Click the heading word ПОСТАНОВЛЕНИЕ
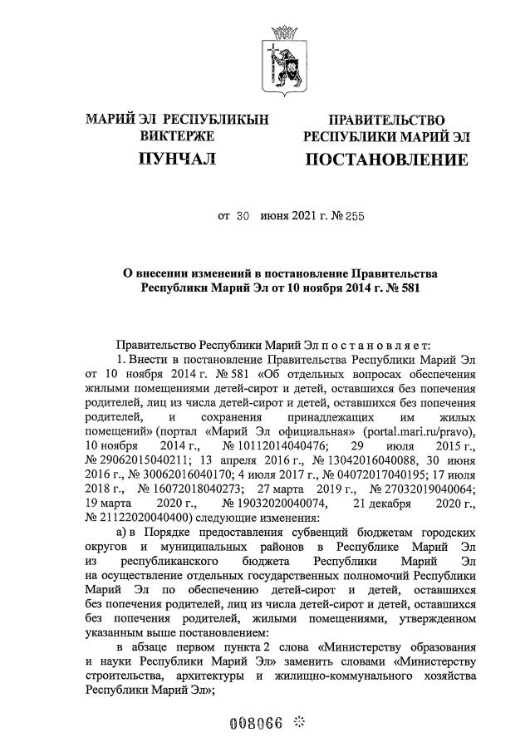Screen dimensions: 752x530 pos(385,159)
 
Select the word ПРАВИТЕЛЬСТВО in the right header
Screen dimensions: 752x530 pos(386,120)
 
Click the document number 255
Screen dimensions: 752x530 pos(352,217)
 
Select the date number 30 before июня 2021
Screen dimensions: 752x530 pos(242,217)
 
